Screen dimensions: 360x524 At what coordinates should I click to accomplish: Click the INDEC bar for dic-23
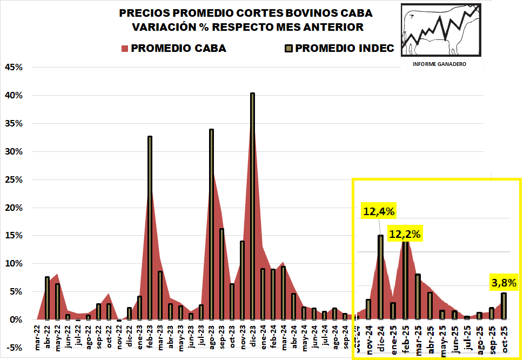click(252, 205)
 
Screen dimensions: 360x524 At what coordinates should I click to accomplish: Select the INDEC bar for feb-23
click(150, 227)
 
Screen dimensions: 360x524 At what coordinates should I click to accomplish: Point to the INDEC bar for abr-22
click(47, 298)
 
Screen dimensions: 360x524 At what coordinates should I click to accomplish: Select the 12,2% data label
click(405, 234)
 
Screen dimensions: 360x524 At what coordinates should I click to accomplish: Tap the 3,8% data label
click(503, 282)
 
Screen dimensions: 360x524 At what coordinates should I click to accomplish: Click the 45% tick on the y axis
click(13, 67)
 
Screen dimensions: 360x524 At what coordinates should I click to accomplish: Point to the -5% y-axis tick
click(13, 348)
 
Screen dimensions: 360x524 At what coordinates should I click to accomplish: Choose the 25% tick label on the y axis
click(13, 179)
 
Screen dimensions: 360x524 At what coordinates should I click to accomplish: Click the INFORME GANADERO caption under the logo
click(439, 64)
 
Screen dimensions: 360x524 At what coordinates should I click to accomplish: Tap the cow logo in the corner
click(440, 30)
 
